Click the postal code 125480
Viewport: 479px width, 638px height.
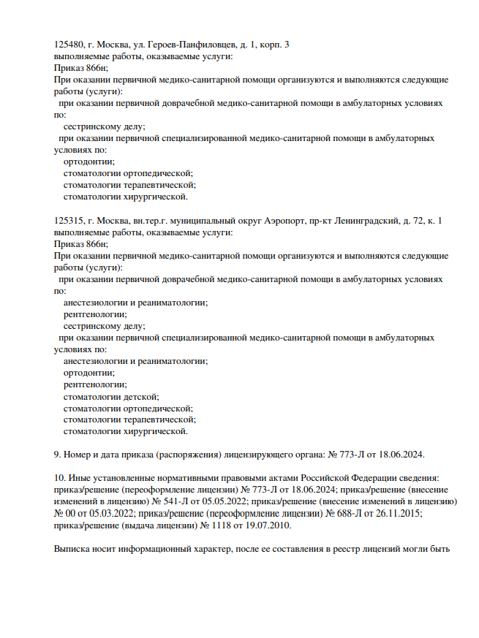point(69,45)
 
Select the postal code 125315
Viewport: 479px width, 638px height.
point(69,221)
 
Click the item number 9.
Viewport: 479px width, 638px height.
point(58,455)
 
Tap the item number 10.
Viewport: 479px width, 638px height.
point(60,478)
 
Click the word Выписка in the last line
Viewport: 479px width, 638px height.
point(73,548)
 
